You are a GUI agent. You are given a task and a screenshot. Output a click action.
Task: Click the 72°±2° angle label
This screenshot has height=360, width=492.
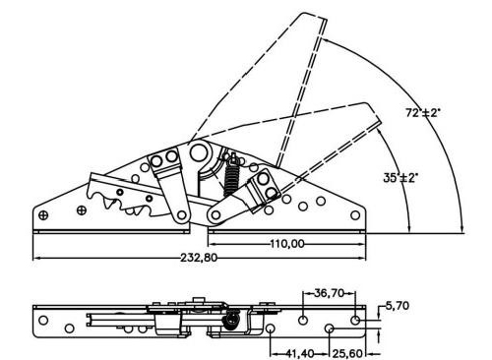423,113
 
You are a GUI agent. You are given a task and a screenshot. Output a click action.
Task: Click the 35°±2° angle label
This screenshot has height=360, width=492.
400,178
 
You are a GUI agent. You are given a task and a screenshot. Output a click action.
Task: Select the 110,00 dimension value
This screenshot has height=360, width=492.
287,244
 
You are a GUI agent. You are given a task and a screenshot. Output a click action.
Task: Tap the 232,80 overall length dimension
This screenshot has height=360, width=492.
199,258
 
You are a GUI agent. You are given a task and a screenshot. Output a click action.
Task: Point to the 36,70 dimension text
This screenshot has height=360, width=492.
329,293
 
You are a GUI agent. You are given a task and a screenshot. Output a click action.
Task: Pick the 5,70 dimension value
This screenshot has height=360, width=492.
398,306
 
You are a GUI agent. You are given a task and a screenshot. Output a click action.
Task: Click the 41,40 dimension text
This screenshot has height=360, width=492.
299,354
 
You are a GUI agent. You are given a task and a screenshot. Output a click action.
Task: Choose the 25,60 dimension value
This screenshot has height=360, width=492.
347,354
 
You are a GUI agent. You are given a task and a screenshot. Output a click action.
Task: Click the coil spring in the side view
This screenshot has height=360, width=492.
232,180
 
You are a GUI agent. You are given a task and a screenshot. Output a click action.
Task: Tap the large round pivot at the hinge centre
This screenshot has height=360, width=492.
199,152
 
